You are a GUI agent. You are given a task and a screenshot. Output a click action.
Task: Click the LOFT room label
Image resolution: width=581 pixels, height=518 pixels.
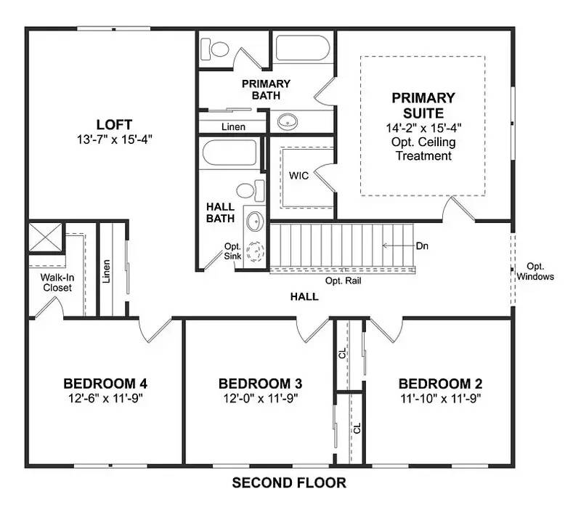[115, 124]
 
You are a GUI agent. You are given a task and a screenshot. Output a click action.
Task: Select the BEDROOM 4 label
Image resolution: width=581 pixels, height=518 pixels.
[105, 384]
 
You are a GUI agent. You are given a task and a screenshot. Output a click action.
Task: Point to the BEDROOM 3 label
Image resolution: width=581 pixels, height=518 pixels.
[260, 384]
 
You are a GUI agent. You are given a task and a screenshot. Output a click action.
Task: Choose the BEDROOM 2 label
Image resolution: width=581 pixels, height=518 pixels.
[440, 384]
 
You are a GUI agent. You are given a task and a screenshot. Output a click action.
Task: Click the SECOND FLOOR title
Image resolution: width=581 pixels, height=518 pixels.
[289, 482]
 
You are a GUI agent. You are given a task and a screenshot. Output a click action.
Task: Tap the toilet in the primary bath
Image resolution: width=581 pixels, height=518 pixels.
[218, 49]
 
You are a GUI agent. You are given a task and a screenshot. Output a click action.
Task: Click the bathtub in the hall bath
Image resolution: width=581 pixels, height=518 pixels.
[229, 153]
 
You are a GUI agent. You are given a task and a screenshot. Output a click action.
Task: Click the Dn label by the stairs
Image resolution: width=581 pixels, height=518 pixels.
[422, 246]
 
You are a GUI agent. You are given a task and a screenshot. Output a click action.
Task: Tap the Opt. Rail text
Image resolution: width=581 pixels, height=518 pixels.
[343, 280]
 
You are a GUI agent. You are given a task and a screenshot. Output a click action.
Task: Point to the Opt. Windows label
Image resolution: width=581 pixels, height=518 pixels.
[535, 272]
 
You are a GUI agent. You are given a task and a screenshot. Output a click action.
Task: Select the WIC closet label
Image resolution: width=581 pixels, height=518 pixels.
[299, 176]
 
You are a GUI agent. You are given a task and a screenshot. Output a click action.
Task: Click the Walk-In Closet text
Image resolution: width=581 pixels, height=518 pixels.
[56, 283]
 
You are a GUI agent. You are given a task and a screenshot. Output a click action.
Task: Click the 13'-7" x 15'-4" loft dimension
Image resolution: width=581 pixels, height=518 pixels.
[115, 138]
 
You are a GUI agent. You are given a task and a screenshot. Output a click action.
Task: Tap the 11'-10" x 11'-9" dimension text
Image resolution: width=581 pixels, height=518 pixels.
[440, 398]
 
